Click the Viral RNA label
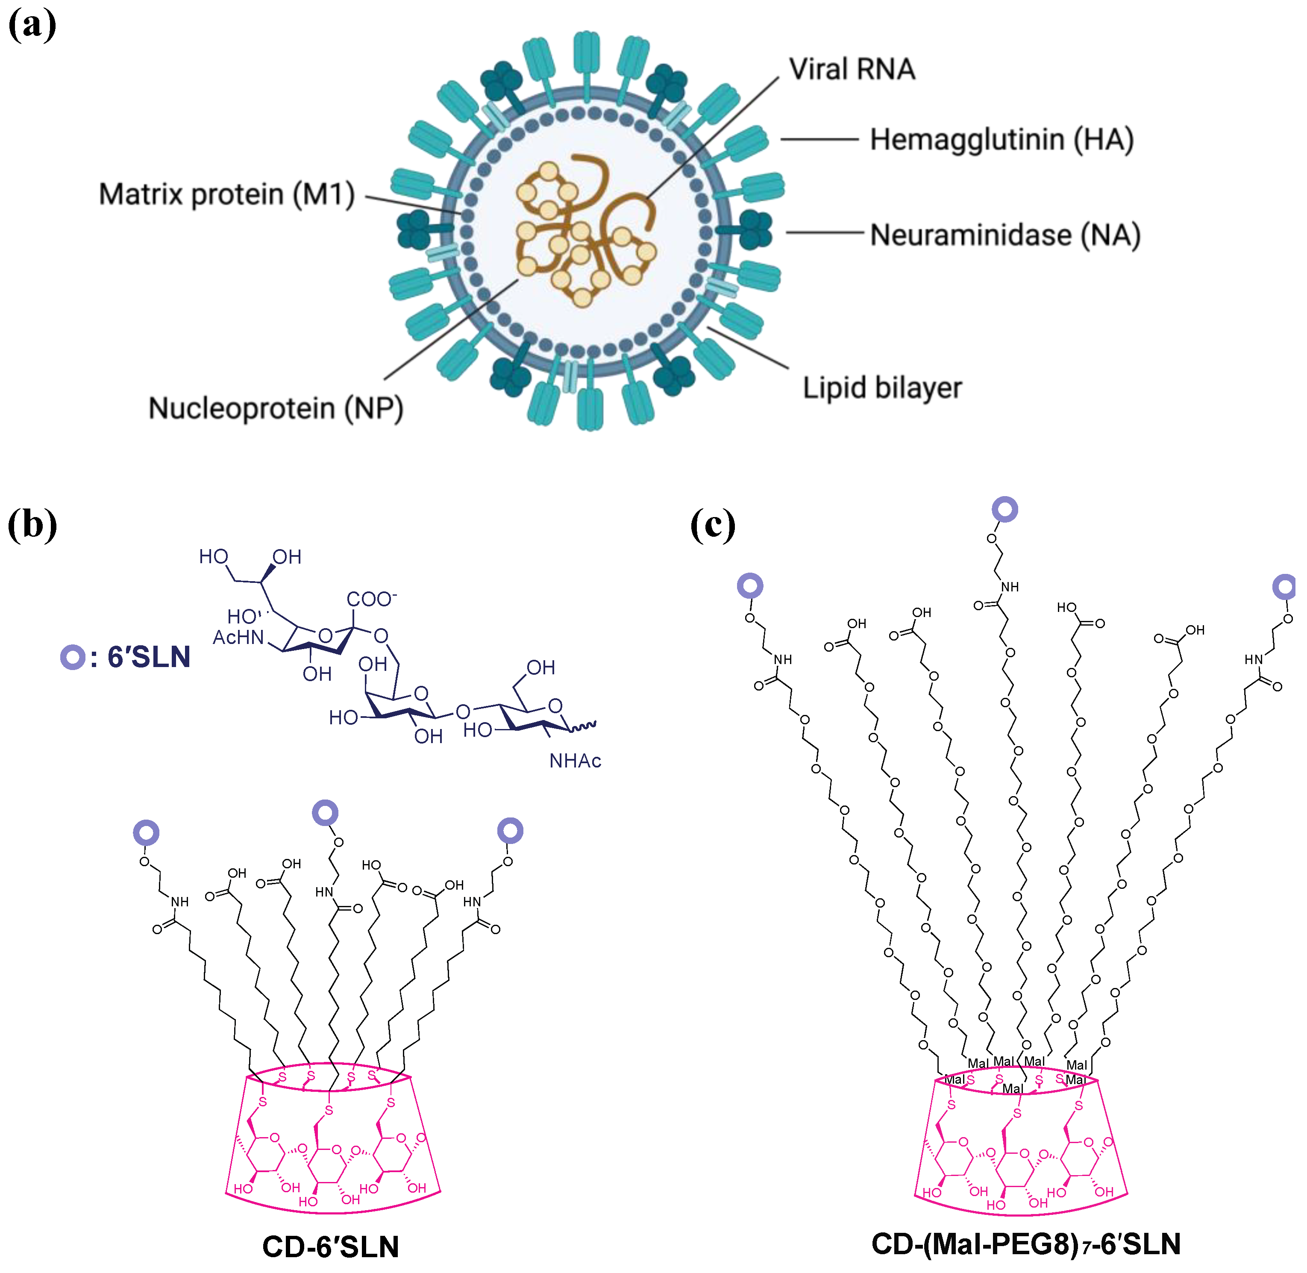coord(852,70)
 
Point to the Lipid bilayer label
coord(882,388)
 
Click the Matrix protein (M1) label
coord(226,194)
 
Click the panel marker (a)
coord(32,25)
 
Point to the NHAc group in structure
coord(575,761)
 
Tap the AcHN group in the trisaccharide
coord(238,637)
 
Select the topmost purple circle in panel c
coord(1004,509)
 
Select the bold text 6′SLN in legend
coord(148,657)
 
